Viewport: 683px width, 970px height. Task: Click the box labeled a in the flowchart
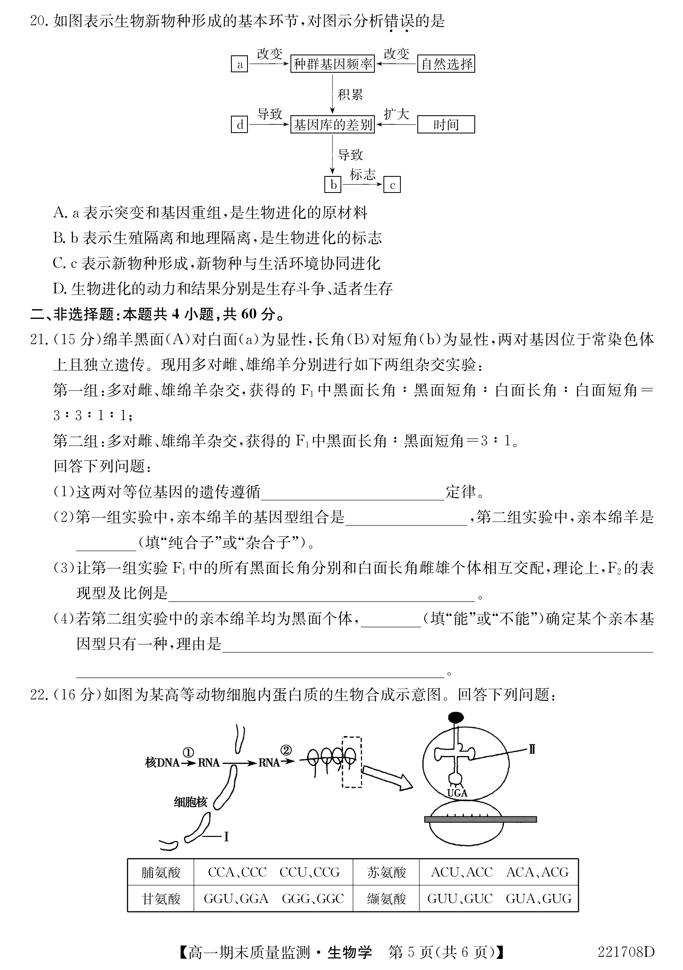pos(239,64)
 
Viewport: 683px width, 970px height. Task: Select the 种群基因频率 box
pos(333,64)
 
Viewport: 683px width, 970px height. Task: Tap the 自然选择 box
pos(446,64)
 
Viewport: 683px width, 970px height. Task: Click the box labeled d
pos(239,125)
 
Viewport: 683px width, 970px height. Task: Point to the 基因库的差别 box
pos(333,125)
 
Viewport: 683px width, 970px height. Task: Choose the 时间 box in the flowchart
pos(446,125)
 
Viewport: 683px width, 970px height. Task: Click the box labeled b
pos(333,185)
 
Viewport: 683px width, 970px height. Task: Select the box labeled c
pos(392,185)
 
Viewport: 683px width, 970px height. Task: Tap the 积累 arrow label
pos(350,95)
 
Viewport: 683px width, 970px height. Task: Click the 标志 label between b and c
pos(362,174)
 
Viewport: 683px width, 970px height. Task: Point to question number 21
pos(38,340)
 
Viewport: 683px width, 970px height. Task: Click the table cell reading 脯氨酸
pos(161,873)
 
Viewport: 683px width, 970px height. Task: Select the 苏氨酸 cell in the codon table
pos(386,873)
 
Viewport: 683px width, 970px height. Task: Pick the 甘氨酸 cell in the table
pos(161,899)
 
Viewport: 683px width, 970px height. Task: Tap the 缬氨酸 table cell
pos(386,899)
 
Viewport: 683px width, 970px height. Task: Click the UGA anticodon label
pos(457,793)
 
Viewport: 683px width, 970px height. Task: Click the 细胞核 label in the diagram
pos(190,802)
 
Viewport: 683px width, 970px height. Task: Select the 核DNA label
pos(162,763)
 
